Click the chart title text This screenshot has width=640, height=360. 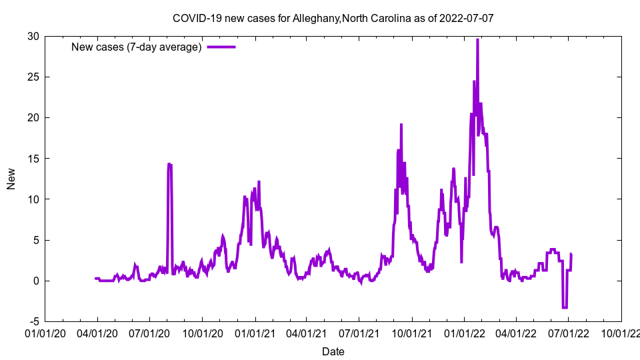[333, 18]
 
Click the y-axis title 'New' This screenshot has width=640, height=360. [11, 179]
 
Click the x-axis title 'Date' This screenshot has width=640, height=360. [333, 351]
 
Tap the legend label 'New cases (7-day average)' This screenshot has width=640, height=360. [137, 47]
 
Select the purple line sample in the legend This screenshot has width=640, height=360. [221, 47]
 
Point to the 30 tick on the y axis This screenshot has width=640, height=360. [33, 36]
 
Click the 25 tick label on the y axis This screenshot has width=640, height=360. [33, 77]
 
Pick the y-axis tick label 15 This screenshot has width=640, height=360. [33, 158]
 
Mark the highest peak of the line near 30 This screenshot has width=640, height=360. [477, 40]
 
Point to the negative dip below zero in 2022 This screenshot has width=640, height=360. [565, 307]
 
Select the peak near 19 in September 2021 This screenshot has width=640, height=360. [401, 125]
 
